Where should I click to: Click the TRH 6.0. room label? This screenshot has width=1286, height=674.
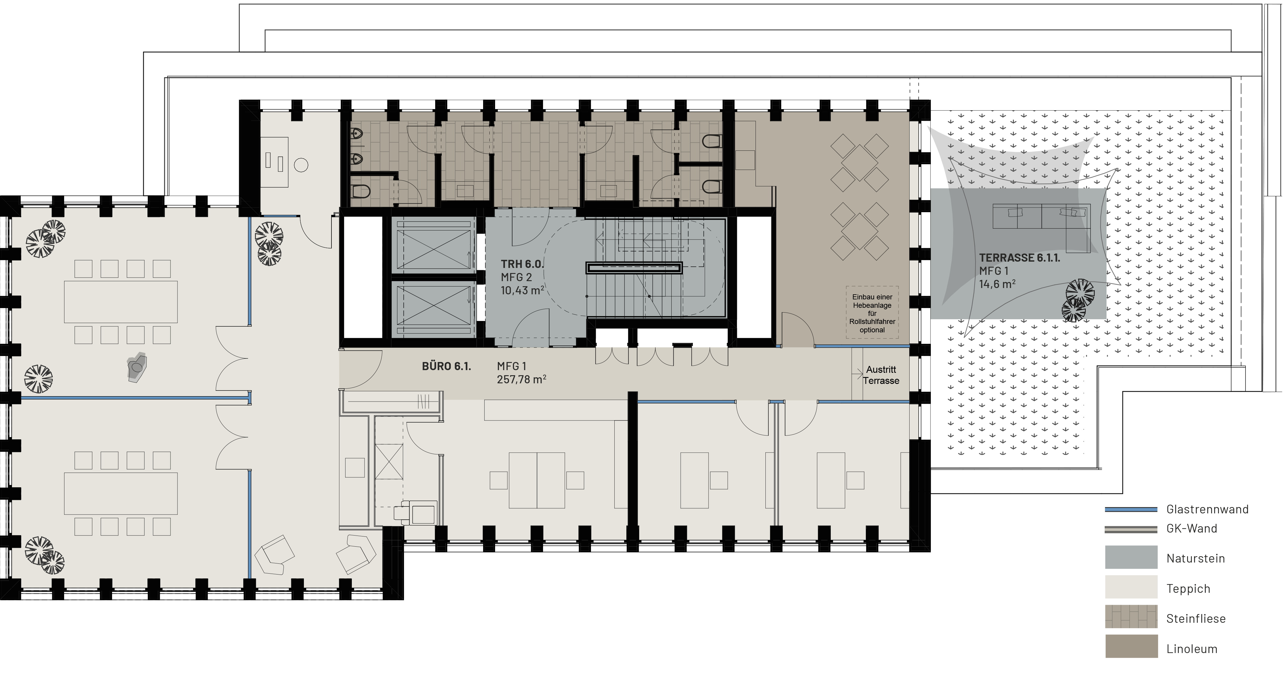(x=522, y=264)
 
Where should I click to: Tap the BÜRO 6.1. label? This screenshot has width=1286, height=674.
(x=446, y=366)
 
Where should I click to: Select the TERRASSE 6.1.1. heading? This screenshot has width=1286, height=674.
(x=1019, y=258)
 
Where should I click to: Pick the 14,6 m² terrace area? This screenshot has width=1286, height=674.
(x=997, y=284)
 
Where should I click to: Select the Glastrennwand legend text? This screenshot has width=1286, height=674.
(x=1207, y=509)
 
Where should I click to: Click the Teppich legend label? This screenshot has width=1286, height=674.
(x=1188, y=589)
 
